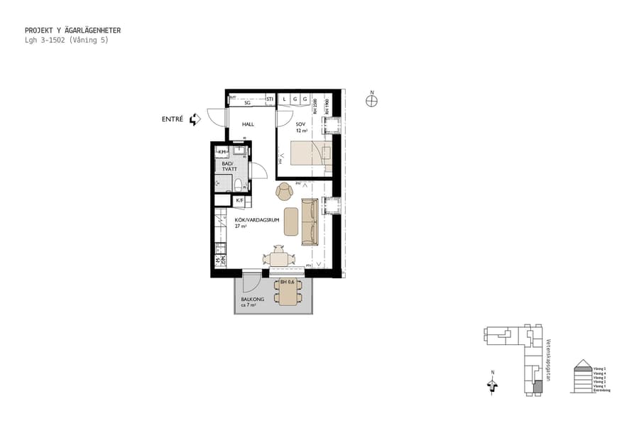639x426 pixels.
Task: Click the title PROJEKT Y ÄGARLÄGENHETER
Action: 72,31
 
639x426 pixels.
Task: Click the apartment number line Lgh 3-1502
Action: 66,40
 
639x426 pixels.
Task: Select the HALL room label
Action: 248,124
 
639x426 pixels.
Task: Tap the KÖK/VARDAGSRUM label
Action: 255,221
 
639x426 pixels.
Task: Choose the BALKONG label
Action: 252,300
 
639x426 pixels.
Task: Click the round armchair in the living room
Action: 284,190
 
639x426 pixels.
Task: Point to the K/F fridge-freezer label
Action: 239,201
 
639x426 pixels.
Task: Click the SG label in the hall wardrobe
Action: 247,103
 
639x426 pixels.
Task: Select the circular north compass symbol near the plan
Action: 371,101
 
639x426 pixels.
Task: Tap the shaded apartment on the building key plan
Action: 537,388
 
